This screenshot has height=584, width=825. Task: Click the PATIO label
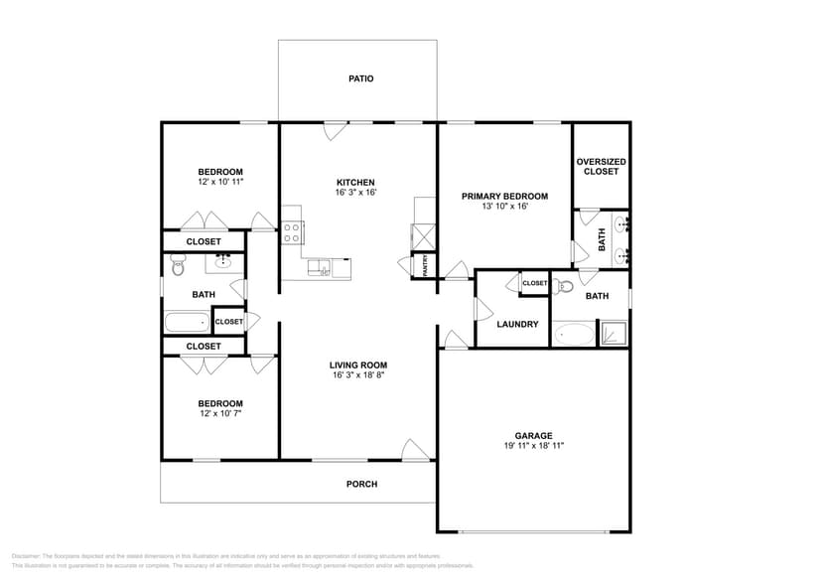[x=361, y=78]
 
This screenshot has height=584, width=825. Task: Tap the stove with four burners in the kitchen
[x=293, y=232]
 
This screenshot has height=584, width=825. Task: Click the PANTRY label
[x=424, y=265]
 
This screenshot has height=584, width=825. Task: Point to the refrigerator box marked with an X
[x=424, y=236]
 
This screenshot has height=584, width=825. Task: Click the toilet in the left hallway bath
[x=179, y=266]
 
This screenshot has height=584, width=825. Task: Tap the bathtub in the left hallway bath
[x=187, y=322]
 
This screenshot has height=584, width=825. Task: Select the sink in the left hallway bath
[x=222, y=262]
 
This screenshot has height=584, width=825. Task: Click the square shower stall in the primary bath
[x=614, y=333]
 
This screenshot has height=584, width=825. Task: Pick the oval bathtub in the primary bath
[x=573, y=334]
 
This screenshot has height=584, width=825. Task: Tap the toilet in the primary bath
[x=564, y=288]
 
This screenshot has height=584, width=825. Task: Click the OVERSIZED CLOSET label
[x=601, y=167]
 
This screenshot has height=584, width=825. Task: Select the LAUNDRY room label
[x=517, y=324]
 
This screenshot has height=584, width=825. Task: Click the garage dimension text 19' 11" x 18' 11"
[x=533, y=446]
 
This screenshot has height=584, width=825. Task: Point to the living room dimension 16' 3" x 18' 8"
[x=357, y=375]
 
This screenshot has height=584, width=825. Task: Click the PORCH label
[x=361, y=484]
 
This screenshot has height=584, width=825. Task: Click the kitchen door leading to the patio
[x=336, y=130]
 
